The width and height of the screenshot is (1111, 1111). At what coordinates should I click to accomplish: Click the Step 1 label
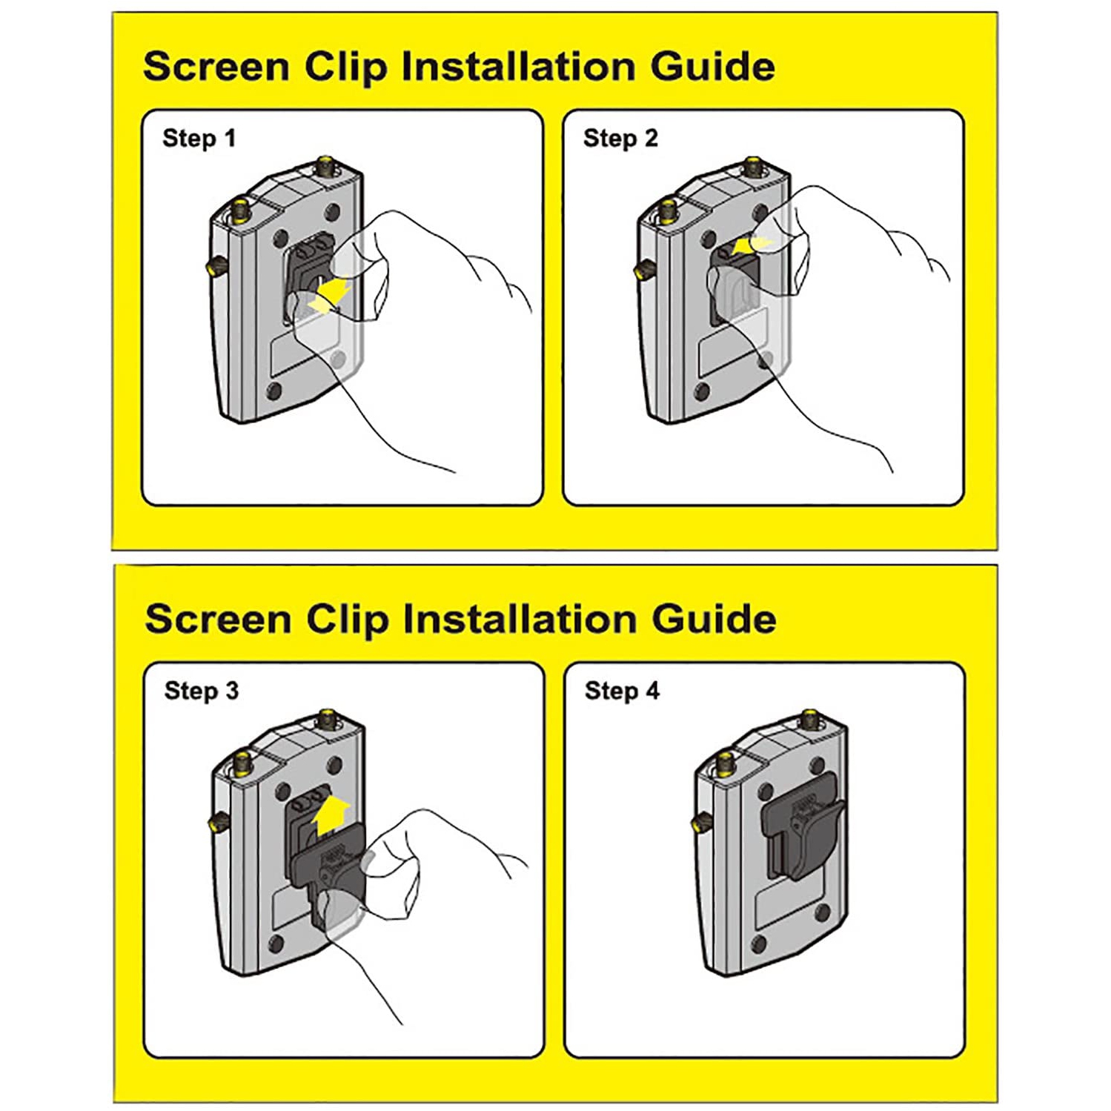(199, 139)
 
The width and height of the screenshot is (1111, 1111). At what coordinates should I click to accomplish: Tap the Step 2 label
(620, 139)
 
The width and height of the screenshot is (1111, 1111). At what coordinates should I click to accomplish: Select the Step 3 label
(201, 691)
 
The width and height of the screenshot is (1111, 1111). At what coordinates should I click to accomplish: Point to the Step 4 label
(622, 691)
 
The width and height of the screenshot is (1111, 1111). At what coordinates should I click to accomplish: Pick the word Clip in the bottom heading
(346, 620)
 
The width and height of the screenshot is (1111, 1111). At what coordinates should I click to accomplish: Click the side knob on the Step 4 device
(698, 820)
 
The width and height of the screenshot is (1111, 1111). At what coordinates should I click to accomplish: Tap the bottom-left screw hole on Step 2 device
(700, 391)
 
